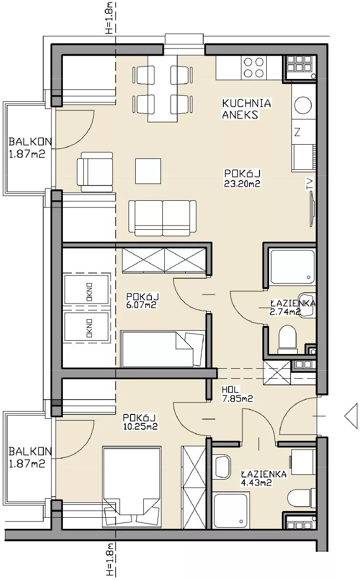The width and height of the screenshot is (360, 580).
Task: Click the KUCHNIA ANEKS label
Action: (247, 109)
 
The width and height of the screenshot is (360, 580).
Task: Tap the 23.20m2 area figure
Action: (242, 184)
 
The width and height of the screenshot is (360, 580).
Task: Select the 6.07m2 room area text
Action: (141, 305)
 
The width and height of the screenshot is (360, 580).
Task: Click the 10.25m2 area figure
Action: (140, 426)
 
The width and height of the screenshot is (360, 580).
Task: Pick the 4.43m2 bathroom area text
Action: (256, 482)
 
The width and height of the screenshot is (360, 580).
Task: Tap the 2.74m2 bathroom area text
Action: (285, 312)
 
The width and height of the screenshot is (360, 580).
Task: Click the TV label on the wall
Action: (310, 184)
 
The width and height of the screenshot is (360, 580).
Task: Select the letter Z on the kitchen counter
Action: (297, 132)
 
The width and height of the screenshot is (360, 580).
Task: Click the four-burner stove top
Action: (254, 68)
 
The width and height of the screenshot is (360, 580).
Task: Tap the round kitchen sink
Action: (303, 105)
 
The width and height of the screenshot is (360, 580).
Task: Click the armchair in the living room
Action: (95, 172)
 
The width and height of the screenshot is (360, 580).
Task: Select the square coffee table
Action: (148, 171)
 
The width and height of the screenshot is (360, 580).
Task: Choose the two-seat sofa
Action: (162, 218)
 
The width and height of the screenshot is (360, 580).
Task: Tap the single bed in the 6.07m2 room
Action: (163, 349)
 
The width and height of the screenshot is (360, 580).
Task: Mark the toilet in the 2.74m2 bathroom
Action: (288, 340)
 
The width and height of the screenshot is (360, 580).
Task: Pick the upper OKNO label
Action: (90, 292)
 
